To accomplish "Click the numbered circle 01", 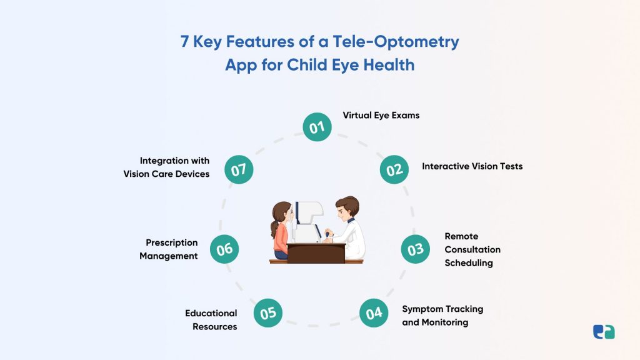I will (x=317, y=127).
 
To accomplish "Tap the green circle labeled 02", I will (x=394, y=169).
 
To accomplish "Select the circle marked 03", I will (x=416, y=249).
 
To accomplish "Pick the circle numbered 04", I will (x=374, y=312).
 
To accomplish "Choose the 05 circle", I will (x=268, y=312).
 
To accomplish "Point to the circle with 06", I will (x=224, y=249).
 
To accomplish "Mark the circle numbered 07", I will (x=239, y=169).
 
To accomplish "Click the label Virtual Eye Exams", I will (x=381, y=116).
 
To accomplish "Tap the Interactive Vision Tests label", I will (x=472, y=166).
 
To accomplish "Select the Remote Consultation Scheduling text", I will (x=472, y=249).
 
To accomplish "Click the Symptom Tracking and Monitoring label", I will (x=442, y=316).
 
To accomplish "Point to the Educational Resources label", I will (x=211, y=319).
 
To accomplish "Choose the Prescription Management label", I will (x=168, y=249).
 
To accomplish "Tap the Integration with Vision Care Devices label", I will (x=166, y=167).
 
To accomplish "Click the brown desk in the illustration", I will (x=316, y=252).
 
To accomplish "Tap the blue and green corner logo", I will (x=604, y=332).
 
